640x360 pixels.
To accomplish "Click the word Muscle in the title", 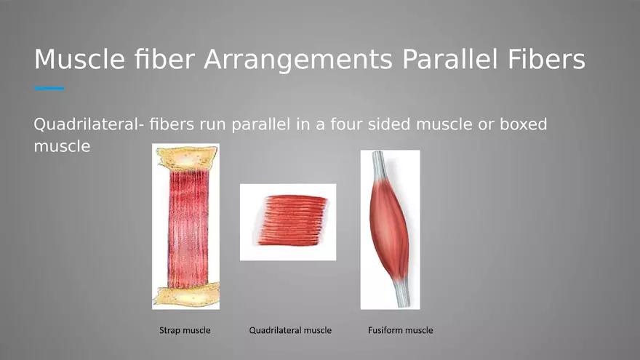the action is coord(79,59).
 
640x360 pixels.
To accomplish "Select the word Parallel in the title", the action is coord(450,59).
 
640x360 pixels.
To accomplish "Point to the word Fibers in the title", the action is coord(546,59).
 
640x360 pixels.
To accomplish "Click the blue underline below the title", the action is coord(49,88).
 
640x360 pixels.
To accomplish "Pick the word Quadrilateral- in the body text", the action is coord(89,124).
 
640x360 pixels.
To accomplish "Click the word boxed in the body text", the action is coord(523,124).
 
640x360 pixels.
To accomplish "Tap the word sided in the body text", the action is coord(389,124).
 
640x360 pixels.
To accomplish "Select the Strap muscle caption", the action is coord(185,330).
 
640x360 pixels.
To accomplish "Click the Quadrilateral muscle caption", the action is coord(290,330).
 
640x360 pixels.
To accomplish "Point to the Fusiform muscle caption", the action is coord(401,330).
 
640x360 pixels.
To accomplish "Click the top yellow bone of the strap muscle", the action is coord(188,158).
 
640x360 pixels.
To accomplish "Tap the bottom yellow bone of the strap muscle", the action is coord(188,295).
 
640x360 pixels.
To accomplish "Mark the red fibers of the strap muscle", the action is coord(188,228).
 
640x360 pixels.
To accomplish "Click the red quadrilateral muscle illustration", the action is coord(292,220).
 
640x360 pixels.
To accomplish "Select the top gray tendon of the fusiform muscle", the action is coord(379,165).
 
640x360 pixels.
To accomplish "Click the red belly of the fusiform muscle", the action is coord(390,228).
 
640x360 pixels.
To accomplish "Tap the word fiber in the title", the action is coord(164,59).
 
